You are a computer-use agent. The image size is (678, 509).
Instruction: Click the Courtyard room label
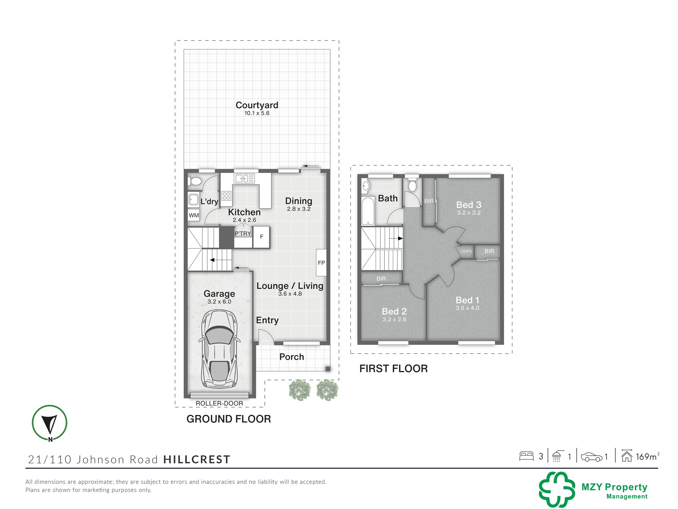point(257,105)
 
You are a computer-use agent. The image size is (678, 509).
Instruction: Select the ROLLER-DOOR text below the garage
point(219,403)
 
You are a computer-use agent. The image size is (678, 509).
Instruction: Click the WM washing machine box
point(194,215)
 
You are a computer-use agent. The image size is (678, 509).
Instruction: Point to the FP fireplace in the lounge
point(321,263)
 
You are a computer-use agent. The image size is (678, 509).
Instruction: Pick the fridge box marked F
point(261,237)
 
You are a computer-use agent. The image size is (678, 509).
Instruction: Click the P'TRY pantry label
point(243,233)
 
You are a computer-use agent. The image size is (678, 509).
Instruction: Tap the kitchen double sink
point(244,178)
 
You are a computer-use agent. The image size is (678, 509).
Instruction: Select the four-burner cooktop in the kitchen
point(226,196)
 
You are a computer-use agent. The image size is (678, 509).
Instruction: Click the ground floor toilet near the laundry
point(195,182)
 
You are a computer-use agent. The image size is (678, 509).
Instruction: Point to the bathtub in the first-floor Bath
point(368,211)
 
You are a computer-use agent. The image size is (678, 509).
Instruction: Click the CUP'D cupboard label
point(466,251)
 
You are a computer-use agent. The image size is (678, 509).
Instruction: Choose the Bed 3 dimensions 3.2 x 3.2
point(469,213)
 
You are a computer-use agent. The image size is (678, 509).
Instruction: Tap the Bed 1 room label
point(467,300)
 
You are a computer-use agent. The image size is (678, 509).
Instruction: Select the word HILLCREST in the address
point(197,459)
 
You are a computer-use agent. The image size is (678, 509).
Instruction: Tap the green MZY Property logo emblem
point(557,489)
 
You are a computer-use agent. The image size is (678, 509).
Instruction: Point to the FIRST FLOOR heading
point(394,369)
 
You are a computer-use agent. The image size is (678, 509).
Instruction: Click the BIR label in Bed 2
point(381,279)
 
